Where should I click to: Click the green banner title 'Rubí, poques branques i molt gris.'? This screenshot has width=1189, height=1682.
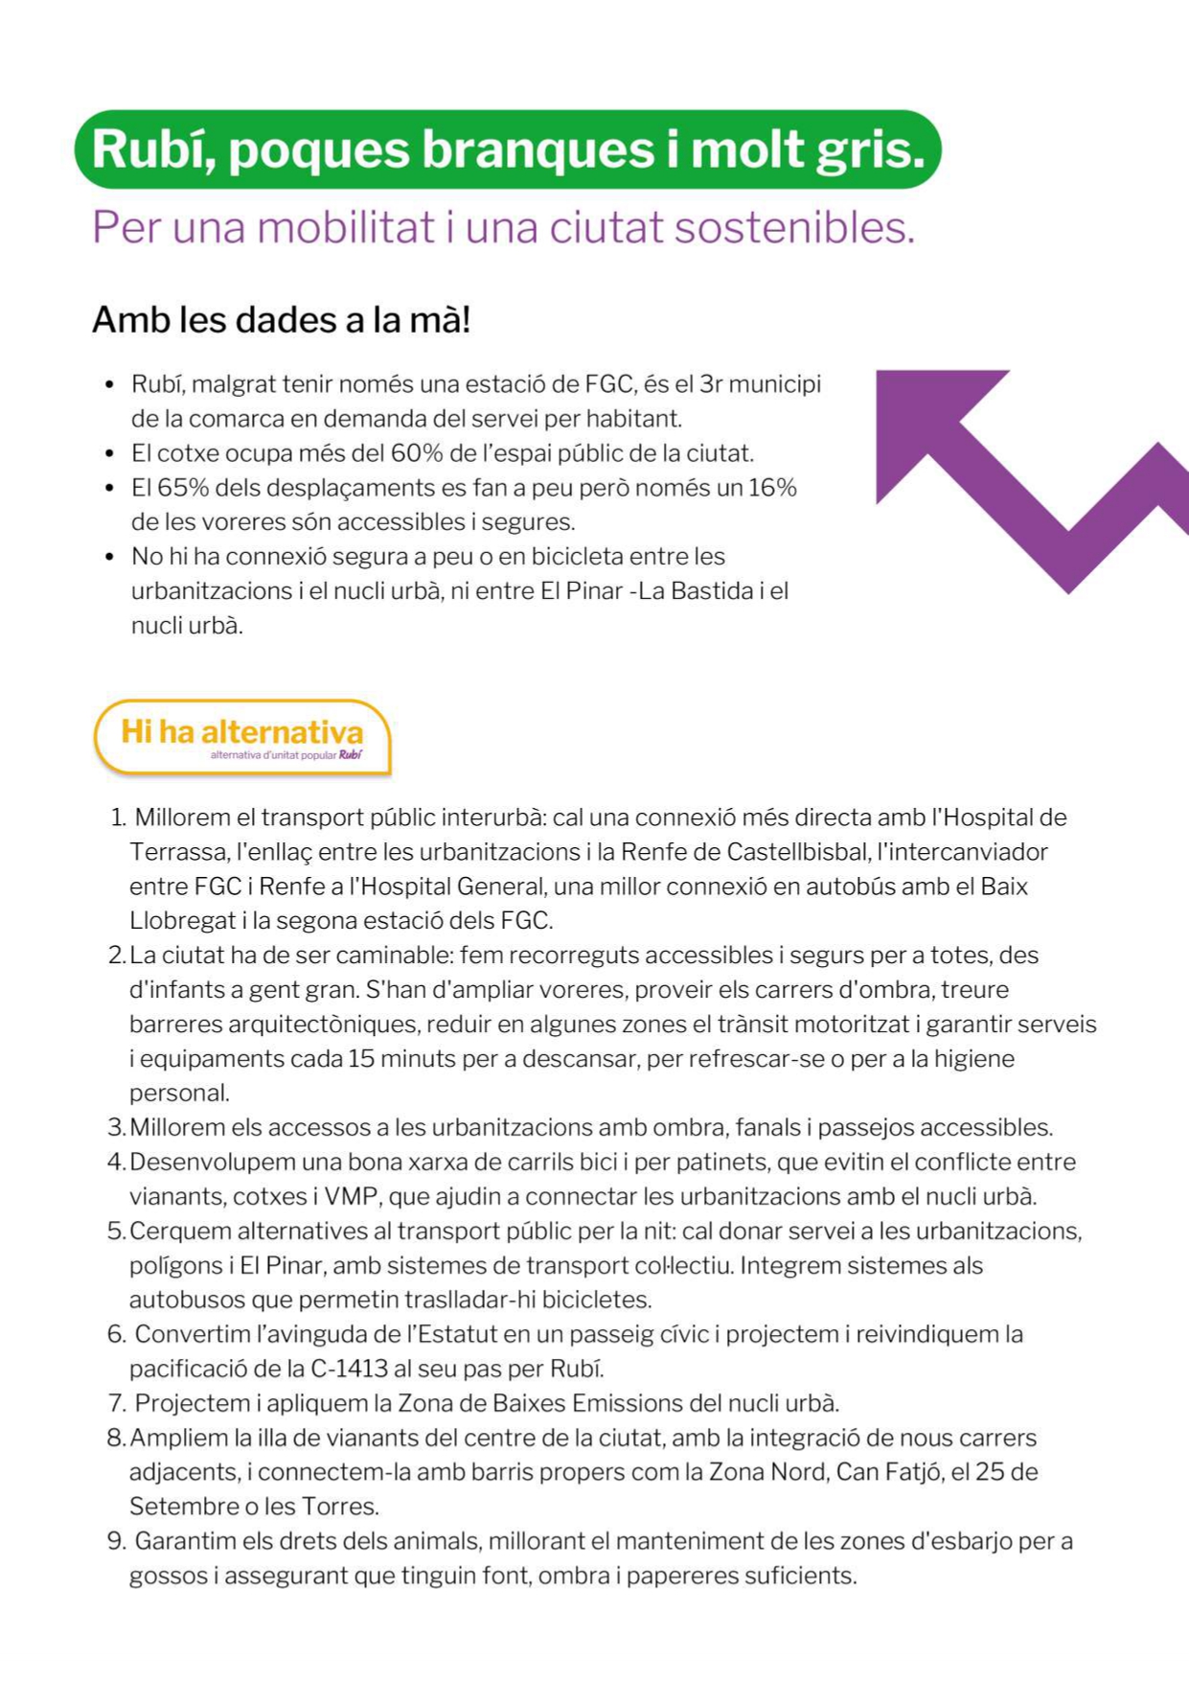[508, 150]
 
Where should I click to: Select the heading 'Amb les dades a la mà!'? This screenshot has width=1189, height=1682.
[281, 320]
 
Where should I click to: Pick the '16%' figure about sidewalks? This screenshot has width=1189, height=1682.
[772, 488]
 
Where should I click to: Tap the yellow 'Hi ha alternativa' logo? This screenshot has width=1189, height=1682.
[242, 736]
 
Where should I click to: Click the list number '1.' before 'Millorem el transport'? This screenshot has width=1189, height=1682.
[118, 818]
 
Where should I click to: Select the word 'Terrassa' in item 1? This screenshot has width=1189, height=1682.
[177, 852]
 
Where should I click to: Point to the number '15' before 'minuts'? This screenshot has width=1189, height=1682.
[361, 1059]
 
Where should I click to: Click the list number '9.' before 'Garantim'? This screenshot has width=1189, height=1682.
[117, 1541]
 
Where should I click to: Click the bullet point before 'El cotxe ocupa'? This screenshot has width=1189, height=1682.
[110, 454]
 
